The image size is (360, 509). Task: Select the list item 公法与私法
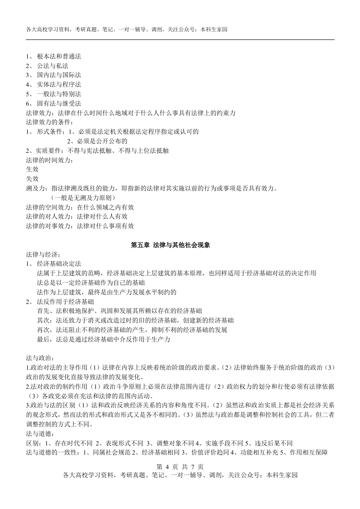point(53,66)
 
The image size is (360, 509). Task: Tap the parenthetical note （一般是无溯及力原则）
point(83,197)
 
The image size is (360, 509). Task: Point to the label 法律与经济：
point(43,254)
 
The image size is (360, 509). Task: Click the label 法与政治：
point(40,357)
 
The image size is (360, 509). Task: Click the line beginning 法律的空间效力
point(79,207)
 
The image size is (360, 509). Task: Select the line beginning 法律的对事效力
point(79,225)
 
